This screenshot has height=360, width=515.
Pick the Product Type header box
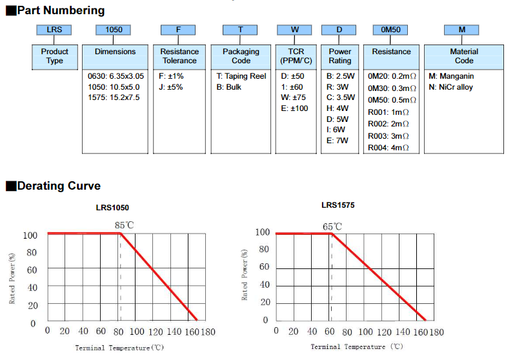pyautogui.click(x=54, y=56)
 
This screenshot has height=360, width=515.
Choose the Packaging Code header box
pyautogui.click(x=241, y=56)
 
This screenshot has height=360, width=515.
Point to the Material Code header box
pyautogui.click(x=464, y=56)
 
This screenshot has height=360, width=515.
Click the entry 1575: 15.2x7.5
pyautogui.click(x=114, y=97)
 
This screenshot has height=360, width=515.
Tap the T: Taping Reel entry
pyautogui.click(x=241, y=75)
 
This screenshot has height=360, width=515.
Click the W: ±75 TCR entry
pyautogui.click(x=294, y=97)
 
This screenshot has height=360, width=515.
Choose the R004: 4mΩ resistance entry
pyautogui.click(x=389, y=148)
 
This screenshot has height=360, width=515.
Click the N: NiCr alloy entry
pyautogui.click(x=450, y=86)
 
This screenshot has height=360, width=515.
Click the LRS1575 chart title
pyautogui.click(x=338, y=205)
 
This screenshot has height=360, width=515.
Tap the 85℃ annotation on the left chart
pyautogui.click(x=125, y=225)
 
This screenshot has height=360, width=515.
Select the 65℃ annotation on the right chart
pyautogui.click(x=333, y=226)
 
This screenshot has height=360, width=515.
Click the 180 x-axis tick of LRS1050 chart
pyautogui.click(x=207, y=331)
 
